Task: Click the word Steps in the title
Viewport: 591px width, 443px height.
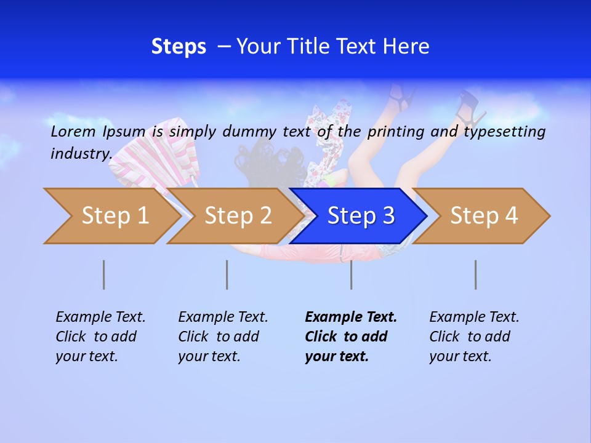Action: point(179,47)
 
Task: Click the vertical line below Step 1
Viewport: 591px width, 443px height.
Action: point(103,274)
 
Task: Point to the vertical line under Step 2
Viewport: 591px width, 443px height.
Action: point(227,274)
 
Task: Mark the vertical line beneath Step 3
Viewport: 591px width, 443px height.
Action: point(351,274)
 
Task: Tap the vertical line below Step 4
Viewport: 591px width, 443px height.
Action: point(475,274)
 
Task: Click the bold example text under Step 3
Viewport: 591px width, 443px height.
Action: point(350,337)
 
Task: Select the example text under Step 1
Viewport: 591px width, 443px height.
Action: point(100,337)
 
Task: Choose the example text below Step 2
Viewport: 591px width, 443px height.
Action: point(223,337)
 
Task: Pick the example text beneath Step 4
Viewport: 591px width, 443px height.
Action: point(474,337)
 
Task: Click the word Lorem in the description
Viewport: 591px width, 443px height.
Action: point(73,132)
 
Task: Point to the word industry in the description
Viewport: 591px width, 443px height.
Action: point(81,153)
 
